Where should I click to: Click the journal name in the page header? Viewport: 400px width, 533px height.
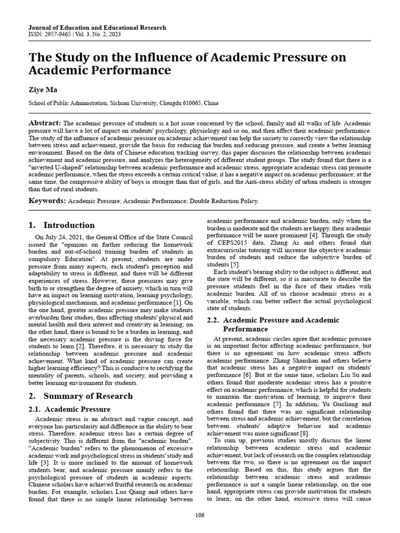click(97, 28)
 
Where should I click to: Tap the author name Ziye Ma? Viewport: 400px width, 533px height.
click(43, 90)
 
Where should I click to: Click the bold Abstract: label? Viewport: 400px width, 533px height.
click(44, 122)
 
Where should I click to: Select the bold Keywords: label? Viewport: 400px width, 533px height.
click(47, 200)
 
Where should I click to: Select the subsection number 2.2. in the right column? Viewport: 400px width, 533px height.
click(214, 320)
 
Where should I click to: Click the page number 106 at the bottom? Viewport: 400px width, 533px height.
click(199, 515)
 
